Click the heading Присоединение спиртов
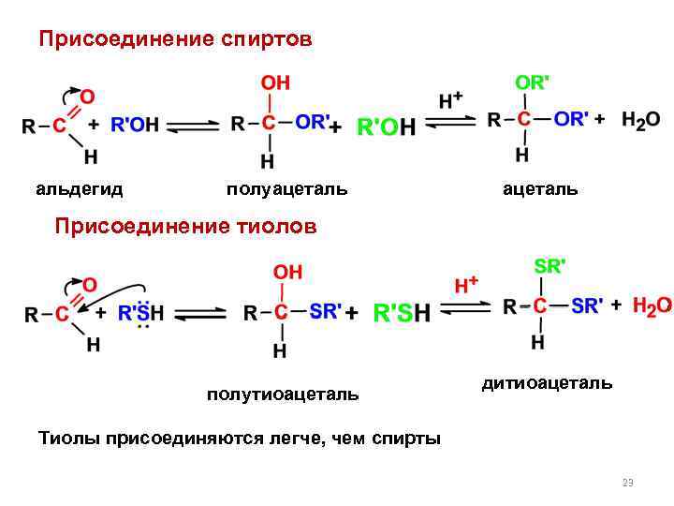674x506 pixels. tap(174, 40)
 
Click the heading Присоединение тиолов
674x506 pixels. tap(185, 226)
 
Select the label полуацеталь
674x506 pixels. tap(286, 189)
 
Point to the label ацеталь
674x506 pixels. tap(540, 189)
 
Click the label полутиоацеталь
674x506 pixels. tap(283, 394)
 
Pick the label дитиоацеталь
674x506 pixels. tap(548, 382)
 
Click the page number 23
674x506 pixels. tap(627, 483)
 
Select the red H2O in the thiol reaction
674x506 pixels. tap(652, 305)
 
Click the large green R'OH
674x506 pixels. tap(387, 126)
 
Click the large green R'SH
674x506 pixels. tap(403, 313)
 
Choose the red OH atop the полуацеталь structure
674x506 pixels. tap(274, 84)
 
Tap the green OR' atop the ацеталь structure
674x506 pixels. tap(532, 82)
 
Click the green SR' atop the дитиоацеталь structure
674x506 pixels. tap(549, 266)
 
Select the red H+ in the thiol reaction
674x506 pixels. tap(466, 283)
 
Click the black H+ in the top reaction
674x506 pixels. tap(451, 98)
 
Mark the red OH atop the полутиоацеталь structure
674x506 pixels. tap(286, 272)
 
